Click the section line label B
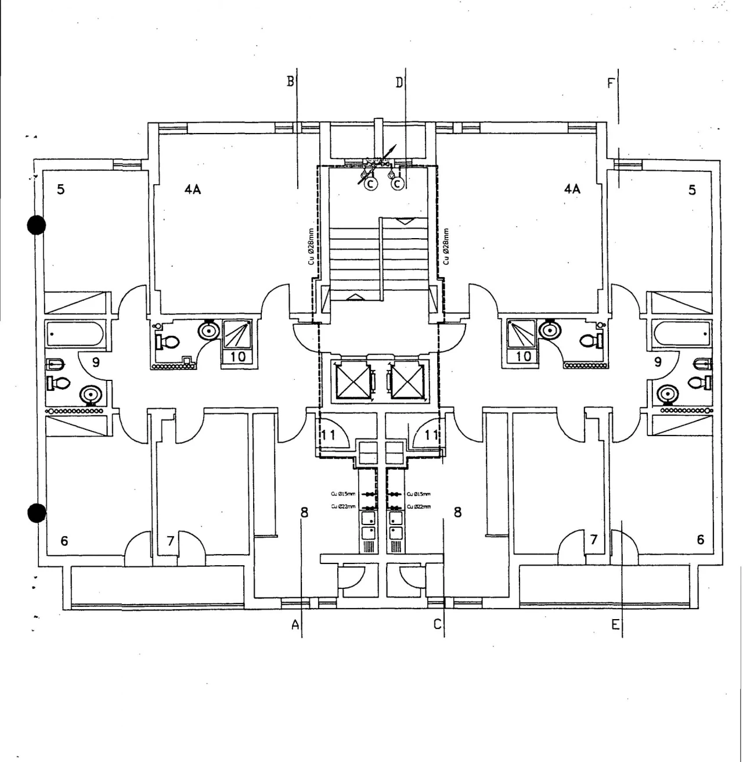(x=290, y=81)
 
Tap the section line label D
(x=399, y=82)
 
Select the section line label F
(x=610, y=84)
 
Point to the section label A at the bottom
(x=295, y=625)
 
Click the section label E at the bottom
(x=615, y=625)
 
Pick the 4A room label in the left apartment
(x=193, y=189)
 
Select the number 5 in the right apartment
(x=692, y=190)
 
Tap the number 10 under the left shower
(x=238, y=356)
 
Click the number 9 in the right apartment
(x=658, y=362)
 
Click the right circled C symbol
(x=398, y=184)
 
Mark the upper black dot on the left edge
(x=37, y=225)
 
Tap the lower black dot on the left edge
(x=37, y=513)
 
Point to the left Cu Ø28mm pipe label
(x=311, y=247)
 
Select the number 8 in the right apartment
(x=457, y=512)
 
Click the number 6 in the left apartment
(x=64, y=541)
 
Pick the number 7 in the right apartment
(x=593, y=540)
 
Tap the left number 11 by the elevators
(x=329, y=434)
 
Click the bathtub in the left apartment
(x=74, y=334)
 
